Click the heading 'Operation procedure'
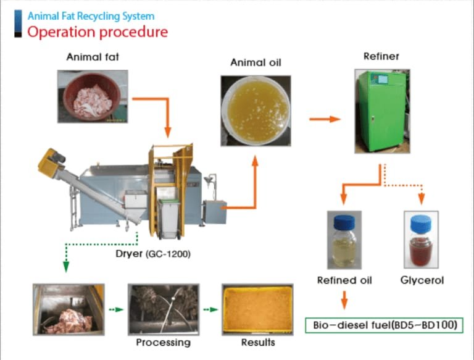tap(98, 32)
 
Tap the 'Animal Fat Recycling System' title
tap(91, 16)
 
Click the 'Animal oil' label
tap(256, 62)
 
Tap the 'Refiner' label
tap(381, 57)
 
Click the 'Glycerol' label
tap(422, 280)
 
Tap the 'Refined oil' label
tap(344, 280)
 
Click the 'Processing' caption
tap(163, 342)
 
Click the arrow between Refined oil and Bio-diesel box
tap(344, 300)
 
